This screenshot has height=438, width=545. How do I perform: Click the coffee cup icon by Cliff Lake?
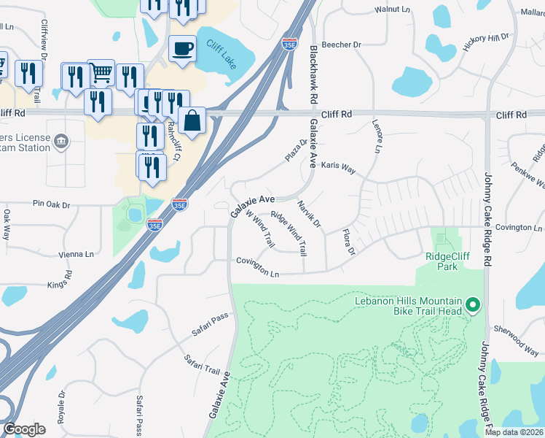click(x=182, y=49)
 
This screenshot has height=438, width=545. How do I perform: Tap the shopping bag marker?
click(x=192, y=120)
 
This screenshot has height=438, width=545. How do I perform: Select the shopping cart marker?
click(x=101, y=72)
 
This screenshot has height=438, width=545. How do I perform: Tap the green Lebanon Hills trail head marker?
click(x=472, y=303)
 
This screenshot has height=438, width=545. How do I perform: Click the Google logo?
click(x=24, y=429)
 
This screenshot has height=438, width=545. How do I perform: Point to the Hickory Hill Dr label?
click(x=485, y=42)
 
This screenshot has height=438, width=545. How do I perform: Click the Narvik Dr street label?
click(x=310, y=215)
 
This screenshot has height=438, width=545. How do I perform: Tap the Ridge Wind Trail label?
click(x=289, y=234)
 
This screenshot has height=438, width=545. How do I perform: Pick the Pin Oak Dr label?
click(x=50, y=205)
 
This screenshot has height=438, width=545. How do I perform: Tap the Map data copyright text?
click(x=514, y=432)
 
